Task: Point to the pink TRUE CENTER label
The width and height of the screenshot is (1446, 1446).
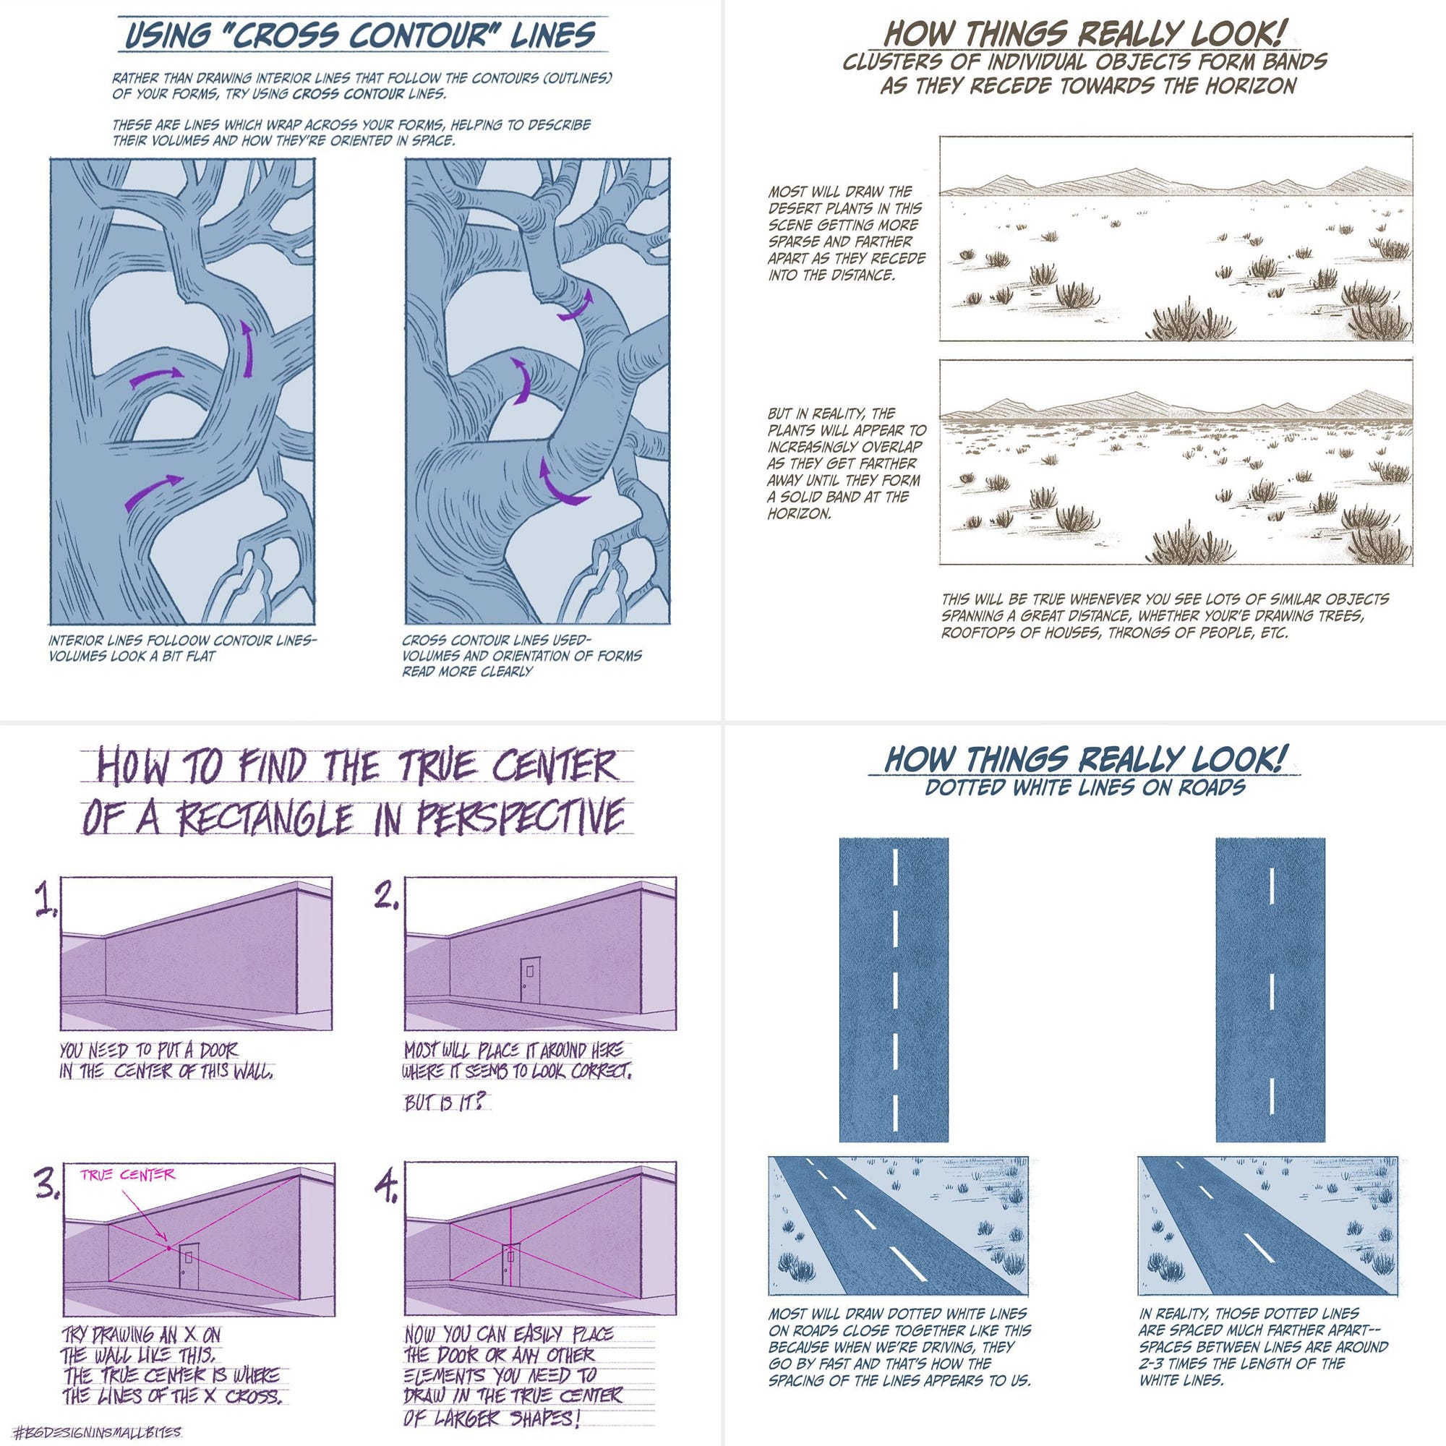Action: click(x=128, y=1174)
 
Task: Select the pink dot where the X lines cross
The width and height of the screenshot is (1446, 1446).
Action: click(x=169, y=1248)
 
